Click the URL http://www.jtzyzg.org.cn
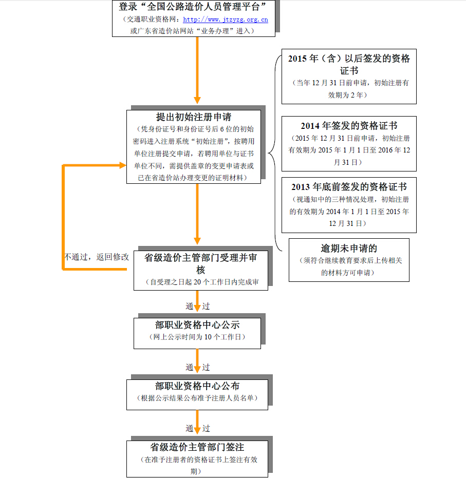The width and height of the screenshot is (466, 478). (226, 20)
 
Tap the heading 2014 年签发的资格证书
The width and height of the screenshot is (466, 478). (349, 126)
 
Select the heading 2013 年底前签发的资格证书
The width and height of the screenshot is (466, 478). (349, 187)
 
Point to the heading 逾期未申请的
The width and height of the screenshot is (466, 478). (349, 248)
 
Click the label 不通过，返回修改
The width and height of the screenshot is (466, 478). (97, 257)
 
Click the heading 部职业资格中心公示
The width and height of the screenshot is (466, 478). (197, 325)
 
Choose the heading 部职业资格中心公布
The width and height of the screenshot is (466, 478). (197, 386)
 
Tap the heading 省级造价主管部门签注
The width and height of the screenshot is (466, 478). (197, 447)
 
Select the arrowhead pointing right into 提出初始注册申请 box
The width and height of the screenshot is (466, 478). (122, 165)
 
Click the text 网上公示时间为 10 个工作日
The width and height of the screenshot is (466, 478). (197, 337)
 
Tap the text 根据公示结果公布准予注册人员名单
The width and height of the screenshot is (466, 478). (197, 398)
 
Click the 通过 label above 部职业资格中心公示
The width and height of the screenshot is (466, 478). (197, 307)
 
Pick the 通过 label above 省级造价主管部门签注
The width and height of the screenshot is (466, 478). (197, 428)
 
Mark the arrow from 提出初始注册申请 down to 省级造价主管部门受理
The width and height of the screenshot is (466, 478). (197, 213)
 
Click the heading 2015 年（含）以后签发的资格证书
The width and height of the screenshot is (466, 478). (349, 64)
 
